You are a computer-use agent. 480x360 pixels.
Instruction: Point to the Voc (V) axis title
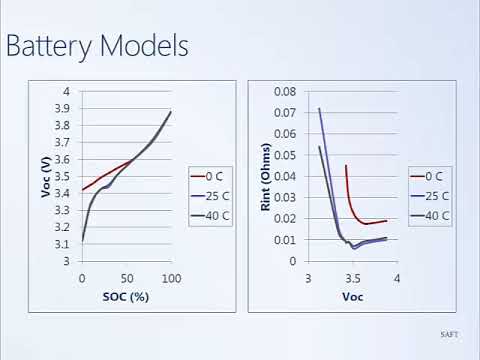tap(47, 175)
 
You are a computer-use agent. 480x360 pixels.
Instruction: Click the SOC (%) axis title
tap(126, 297)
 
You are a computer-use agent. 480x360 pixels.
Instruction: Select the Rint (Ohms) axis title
tap(265, 175)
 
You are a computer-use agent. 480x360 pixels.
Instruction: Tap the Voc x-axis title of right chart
tap(352, 297)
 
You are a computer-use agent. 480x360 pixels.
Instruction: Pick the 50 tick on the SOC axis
tap(126, 277)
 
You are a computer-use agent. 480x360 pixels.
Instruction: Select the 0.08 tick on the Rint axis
tap(287, 92)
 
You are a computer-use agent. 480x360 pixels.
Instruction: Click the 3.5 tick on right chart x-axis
tap(352, 277)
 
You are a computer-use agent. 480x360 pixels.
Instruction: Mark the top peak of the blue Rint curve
tap(319, 109)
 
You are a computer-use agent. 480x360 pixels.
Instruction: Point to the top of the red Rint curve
tap(346, 166)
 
